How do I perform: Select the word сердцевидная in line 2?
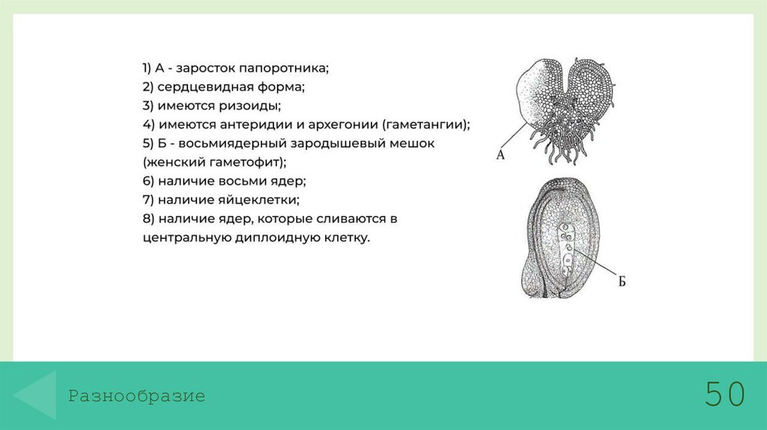click(x=195, y=87)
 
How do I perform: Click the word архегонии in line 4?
click(x=345, y=124)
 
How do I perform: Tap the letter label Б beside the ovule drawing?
click(x=621, y=282)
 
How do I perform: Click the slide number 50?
click(x=724, y=394)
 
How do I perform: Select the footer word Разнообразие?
click(x=137, y=396)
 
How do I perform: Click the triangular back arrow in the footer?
click(x=37, y=395)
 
